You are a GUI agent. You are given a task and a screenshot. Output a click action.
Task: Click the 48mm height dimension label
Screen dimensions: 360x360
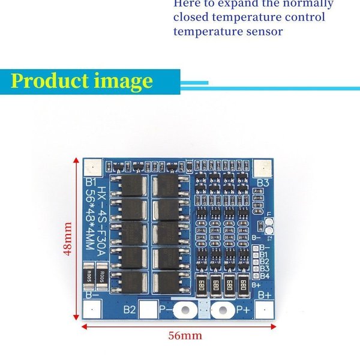(x=68, y=239)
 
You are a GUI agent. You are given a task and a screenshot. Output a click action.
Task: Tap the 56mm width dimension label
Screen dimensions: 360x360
(x=184, y=336)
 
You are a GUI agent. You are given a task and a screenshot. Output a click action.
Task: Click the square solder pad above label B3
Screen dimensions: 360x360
(x=262, y=168)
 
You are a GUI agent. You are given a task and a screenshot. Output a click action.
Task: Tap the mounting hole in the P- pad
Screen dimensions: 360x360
(x=185, y=310)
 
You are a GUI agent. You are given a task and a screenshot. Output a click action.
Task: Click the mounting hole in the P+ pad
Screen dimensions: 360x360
(x=223, y=310)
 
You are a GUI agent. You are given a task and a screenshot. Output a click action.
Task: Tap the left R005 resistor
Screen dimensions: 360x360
(x=90, y=276)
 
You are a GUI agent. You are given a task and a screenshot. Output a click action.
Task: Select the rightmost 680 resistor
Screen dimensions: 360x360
(x=244, y=286)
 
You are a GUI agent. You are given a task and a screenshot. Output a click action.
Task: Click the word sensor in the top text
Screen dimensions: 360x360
(x=262, y=31)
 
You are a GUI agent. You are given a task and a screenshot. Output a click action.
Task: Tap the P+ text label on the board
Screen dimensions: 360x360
(x=242, y=310)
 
